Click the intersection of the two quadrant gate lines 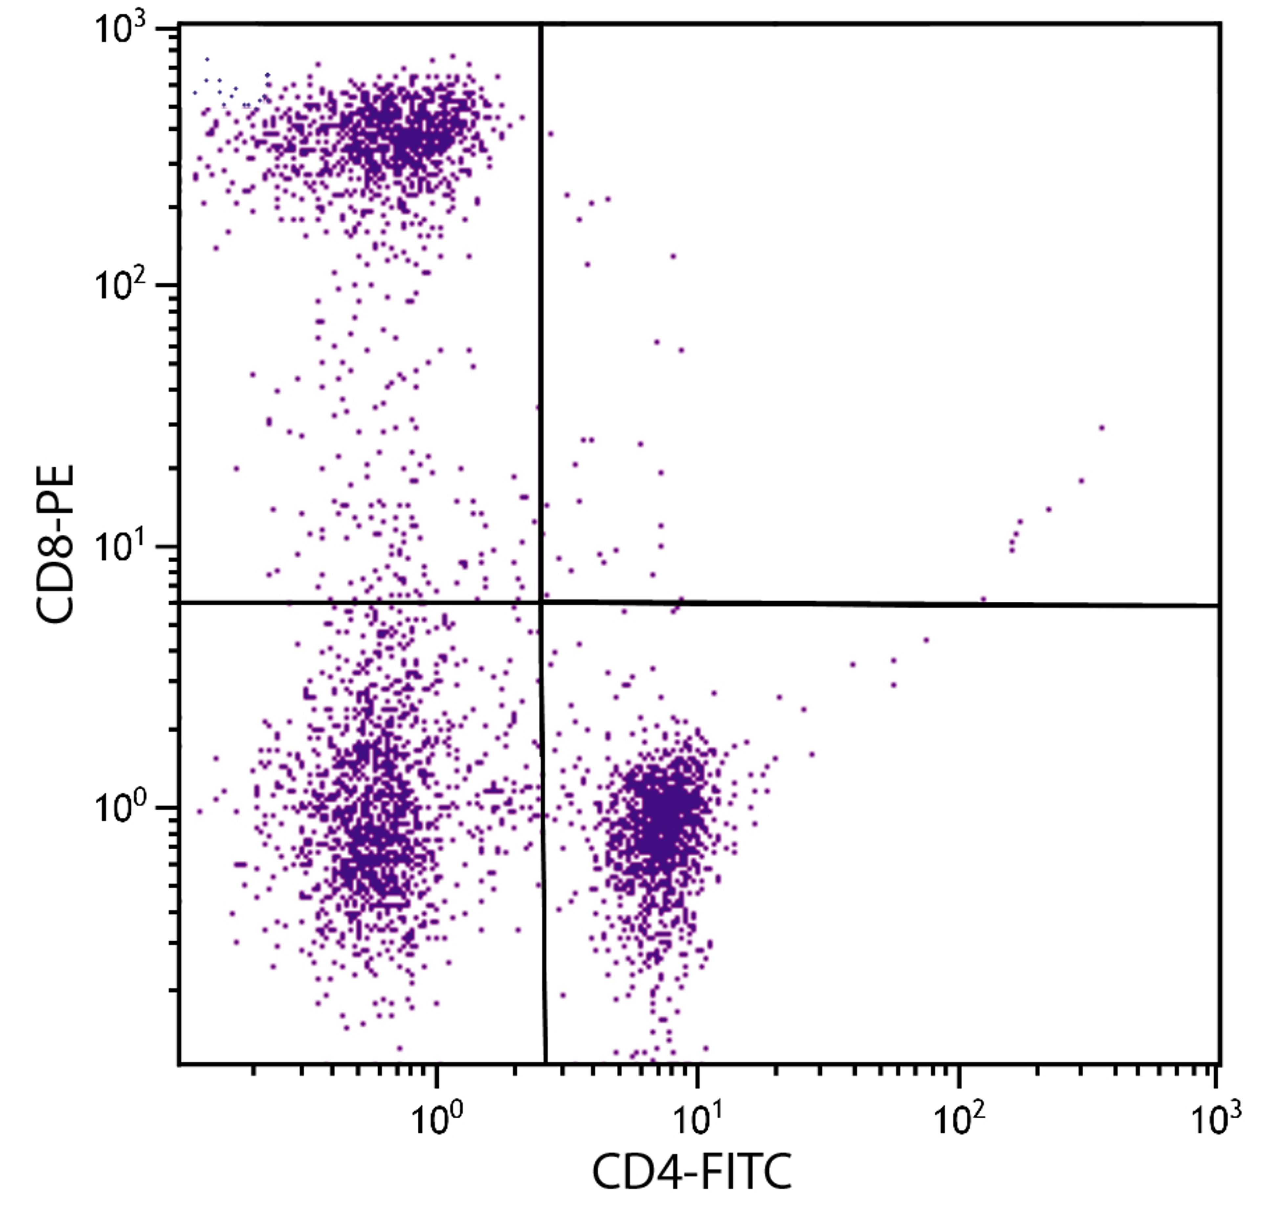pyautogui.click(x=541, y=602)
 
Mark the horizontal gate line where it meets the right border pyautogui.click(x=1218, y=605)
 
